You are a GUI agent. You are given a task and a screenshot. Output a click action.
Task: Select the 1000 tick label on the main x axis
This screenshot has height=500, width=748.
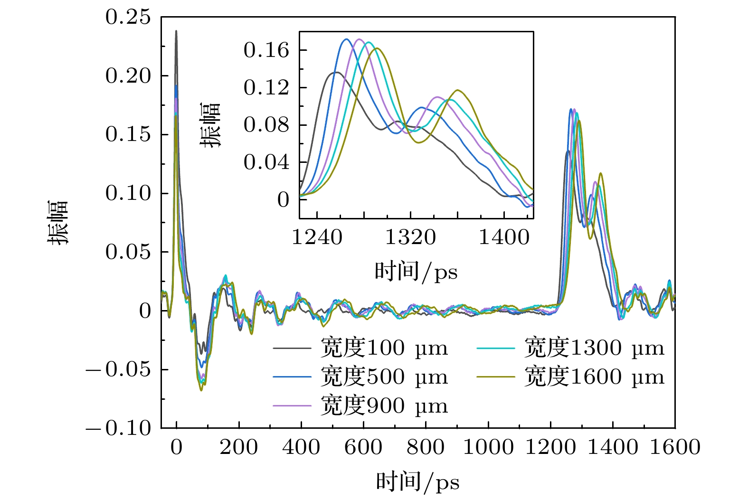click(x=488, y=447)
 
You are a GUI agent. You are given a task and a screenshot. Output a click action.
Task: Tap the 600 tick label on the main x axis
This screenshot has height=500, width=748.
click(x=363, y=447)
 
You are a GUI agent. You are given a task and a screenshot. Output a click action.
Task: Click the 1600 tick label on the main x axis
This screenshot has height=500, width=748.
click(x=675, y=447)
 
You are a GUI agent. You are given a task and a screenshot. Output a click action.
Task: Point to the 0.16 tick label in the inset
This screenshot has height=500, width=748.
click(x=266, y=50)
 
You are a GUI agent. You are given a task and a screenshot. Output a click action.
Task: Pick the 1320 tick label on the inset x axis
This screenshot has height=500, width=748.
click(x=410, y=237)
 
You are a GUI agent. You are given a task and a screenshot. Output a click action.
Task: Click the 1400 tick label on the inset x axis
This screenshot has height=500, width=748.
click(x=504, y=237)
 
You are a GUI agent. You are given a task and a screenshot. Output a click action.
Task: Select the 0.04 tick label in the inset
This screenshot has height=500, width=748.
click(x=266, y=162)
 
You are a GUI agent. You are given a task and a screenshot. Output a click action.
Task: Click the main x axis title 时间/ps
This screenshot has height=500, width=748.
click(x=418, y=481)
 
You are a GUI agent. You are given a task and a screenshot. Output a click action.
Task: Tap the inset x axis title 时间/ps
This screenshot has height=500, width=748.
click(x=416, y=272)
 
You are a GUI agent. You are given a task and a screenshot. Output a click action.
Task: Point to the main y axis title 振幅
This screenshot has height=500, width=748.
click(x=58, y=222)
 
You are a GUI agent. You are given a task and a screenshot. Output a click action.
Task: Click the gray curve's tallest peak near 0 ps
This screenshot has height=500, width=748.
click(x=176, y=31)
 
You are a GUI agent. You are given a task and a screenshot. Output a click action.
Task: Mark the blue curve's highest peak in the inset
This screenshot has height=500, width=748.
click(x=346, y=39)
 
